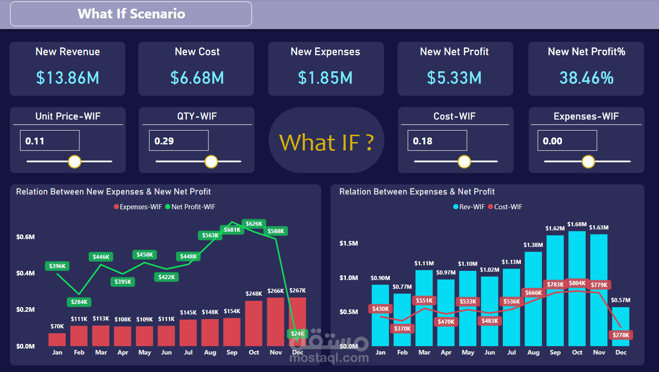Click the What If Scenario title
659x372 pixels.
coord(131,14)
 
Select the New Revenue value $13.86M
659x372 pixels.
coord(68,78)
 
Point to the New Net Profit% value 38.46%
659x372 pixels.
coord(586,78)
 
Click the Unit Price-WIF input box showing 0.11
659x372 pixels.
coord(50,141)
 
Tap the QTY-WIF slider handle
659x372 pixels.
coord(211,161)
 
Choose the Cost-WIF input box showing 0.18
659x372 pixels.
coord(437,141)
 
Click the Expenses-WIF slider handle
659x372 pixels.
coord(588,161)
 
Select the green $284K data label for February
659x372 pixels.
coord(79,302)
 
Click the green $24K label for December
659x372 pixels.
coord(298,334)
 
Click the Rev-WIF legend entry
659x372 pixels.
coord(469,207)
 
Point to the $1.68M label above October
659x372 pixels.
coord(577,224)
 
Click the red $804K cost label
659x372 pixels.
coord(577,283)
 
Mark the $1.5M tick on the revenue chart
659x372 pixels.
coord(348,243)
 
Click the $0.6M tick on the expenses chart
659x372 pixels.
coord(26,237)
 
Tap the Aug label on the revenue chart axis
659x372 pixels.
coord(534,352)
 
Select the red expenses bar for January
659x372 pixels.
coord(57,340)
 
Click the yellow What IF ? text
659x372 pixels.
coord(326,142)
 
